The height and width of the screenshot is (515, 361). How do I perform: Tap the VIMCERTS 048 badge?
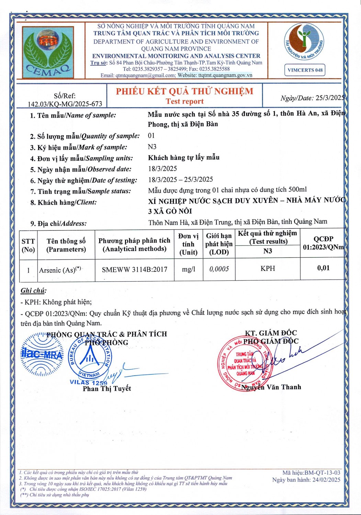point(305,70)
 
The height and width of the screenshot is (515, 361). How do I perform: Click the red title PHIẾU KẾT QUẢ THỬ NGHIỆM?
point(184,91)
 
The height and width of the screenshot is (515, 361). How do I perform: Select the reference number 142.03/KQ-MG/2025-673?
point(65,104)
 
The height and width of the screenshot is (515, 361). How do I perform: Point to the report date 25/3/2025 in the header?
point(329,98)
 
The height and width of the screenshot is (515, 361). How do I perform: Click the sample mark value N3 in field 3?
point(152,147)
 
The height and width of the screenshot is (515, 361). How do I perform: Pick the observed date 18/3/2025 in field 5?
point(162,169)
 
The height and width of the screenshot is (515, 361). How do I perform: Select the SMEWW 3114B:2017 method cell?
point(134,270)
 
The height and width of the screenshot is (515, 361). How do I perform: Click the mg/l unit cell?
point(188,269)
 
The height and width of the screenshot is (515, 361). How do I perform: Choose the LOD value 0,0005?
point(219,269)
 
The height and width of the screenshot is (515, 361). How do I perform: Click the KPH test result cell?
point(268,268)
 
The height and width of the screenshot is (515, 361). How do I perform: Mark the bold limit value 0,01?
point(323,268)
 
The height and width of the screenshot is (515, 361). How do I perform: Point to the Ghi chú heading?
point(33,291)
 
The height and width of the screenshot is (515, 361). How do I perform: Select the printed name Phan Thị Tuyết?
point(107,389)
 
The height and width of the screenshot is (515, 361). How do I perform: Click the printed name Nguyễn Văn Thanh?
point(271,387)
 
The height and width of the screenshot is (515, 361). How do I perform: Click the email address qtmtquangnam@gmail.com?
point(145,75)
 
